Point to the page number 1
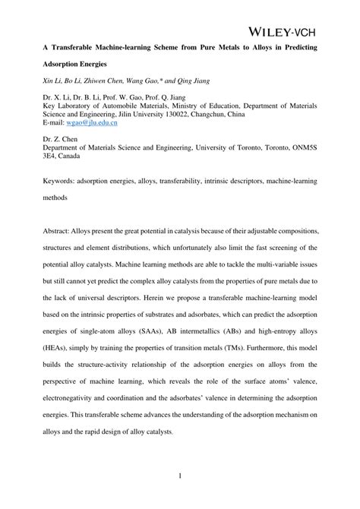click(x=180, y=476)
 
